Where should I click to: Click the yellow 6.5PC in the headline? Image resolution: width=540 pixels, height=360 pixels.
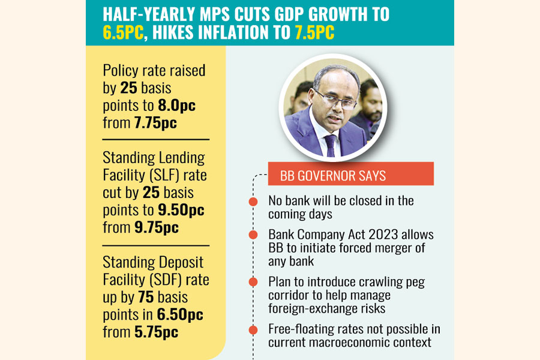click(x=122, y=34)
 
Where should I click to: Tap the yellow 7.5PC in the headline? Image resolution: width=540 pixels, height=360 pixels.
click(x=314, y=34)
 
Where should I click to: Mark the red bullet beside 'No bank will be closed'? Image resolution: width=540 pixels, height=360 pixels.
click(x=254, y=202)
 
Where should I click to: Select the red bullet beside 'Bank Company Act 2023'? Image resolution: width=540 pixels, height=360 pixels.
click(x=254, y=236)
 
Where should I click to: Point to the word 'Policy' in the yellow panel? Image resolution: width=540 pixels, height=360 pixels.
click(x=122, y=70)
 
